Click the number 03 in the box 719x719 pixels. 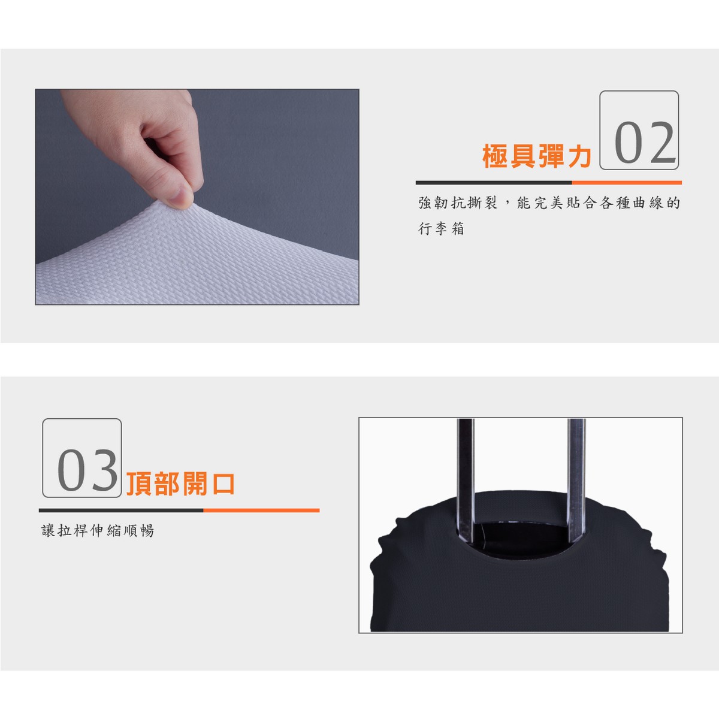coord(87,470)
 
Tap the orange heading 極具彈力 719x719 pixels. coord(537,156)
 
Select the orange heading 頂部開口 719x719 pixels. coord(180,484)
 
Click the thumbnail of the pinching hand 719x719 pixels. coord(197,197)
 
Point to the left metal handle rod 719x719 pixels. coord(466,481)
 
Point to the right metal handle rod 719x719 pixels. coord(576,481)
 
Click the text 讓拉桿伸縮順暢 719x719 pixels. coord(98,530)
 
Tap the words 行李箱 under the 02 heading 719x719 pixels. coord(441,228)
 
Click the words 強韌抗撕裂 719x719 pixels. coord(458,203)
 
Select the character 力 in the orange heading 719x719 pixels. coord(579,156)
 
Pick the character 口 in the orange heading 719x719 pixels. coord(223,484)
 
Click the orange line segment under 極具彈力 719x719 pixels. coord(627,183)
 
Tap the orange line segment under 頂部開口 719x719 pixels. coord(261,510)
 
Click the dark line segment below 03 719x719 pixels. coord(121,510)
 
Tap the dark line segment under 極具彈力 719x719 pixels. coord(494,183)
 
